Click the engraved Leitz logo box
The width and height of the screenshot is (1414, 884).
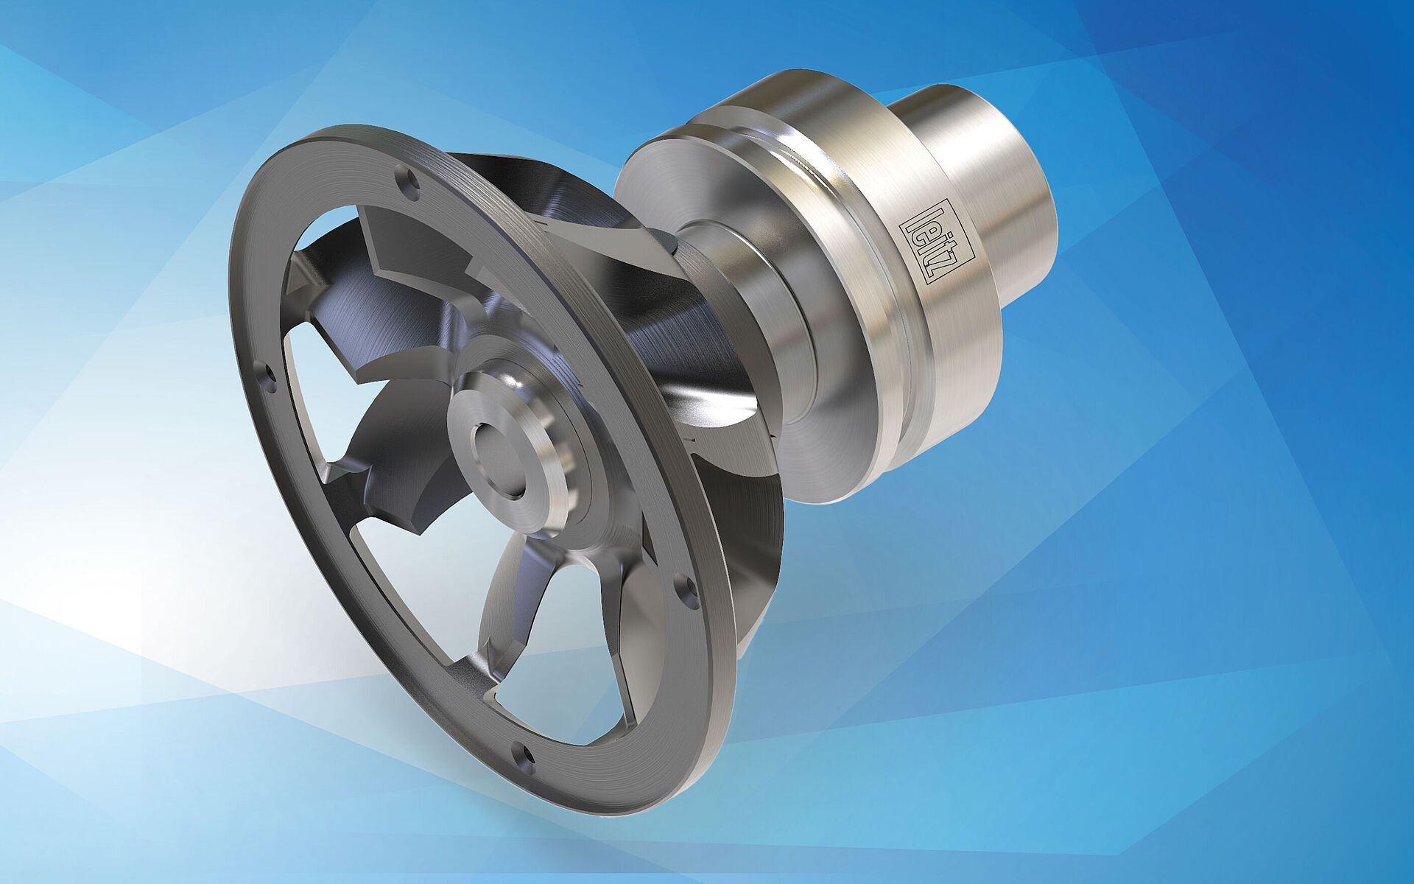click(x=937, y=242)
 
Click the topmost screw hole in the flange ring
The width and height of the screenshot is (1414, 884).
click(x=407, y=179)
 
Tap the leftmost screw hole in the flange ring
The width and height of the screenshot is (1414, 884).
click(x=268, y=376)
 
